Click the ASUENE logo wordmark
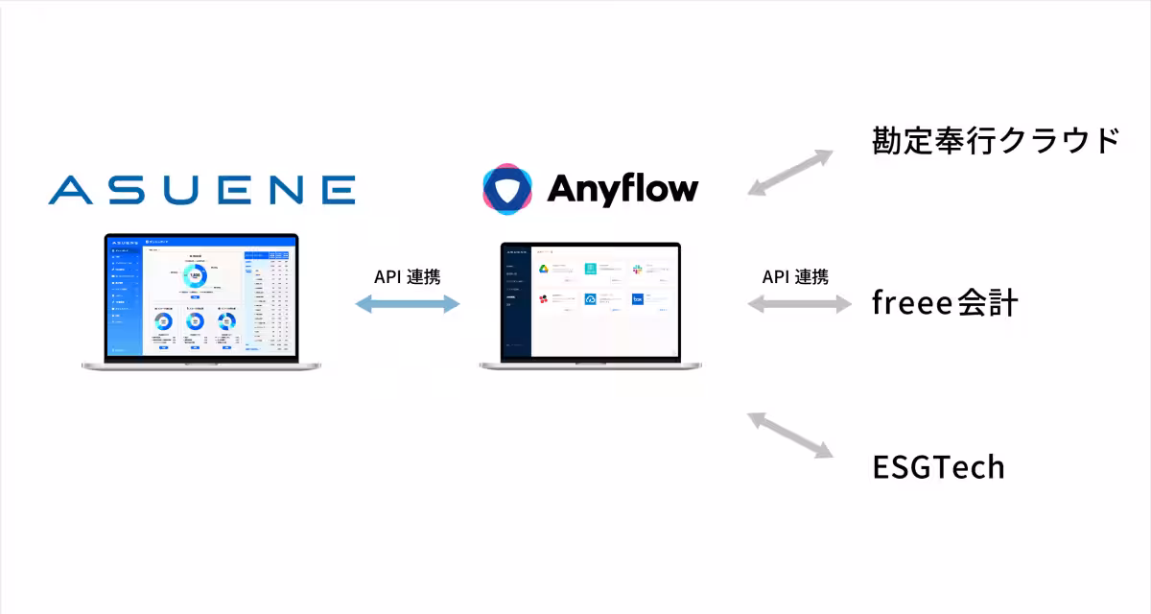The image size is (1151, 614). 201,189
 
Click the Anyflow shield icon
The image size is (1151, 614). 507,188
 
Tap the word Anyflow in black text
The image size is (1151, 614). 622,188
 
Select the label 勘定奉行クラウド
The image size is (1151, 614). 996,140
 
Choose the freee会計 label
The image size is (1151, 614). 944,303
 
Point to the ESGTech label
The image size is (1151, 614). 938,467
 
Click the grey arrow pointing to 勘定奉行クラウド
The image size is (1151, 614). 790,173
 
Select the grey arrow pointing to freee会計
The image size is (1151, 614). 799,305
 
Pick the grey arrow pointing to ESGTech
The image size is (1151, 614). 790,435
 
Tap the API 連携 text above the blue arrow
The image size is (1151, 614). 408,277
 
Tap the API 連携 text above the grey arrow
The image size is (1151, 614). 795,277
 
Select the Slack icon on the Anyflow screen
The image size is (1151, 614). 637,270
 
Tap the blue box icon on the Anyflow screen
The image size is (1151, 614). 637,299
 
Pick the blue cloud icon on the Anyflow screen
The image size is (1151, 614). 591,299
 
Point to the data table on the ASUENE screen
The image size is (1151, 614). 268,297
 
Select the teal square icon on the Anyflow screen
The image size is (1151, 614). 591,270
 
